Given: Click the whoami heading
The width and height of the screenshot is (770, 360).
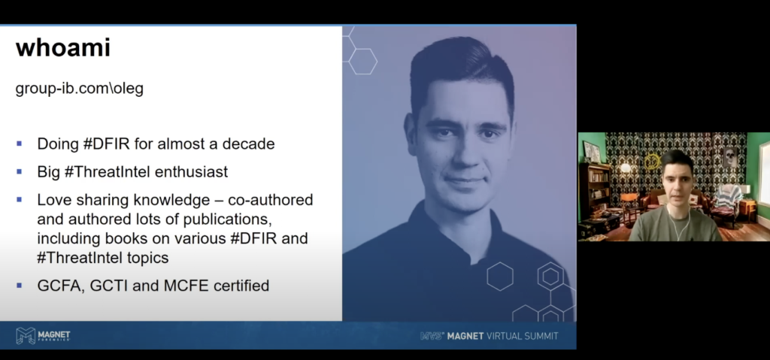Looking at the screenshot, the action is point(63,47).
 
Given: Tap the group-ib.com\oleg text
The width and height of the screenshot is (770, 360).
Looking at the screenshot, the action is point(80,89).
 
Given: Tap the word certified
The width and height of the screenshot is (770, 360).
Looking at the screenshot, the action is point(241,286).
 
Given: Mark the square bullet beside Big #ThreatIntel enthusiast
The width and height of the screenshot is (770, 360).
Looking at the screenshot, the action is point(19,171).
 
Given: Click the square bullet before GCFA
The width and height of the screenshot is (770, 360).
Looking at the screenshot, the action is point(19,285).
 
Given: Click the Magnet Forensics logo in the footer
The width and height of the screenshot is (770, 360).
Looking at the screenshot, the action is point(43,335).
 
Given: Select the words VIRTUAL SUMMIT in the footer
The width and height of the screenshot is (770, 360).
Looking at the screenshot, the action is point(522,336).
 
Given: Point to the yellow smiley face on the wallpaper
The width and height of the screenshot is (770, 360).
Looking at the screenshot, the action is point(652,161).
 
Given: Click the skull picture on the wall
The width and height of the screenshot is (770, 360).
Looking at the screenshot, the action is point(729,157).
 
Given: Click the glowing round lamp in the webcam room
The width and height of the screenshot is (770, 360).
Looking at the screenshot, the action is point(625,168).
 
